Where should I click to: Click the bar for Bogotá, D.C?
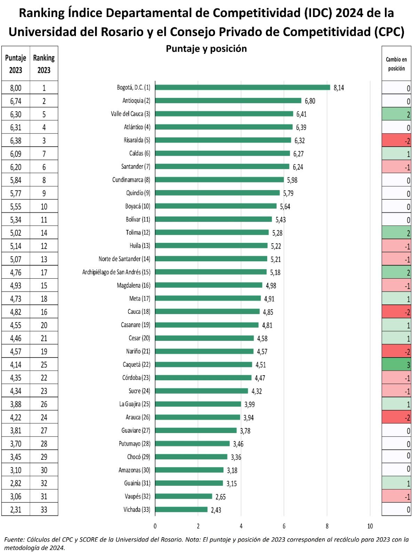pyautogui.click(x=242, y=87)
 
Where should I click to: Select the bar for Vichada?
pyautogui.click(x=181, y=509)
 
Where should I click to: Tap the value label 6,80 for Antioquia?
pyautogui.click(x=310, y=101)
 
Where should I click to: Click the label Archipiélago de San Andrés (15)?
pyautogui.click(x=116, y=272)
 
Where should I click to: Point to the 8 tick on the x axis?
pyautogui.click(x=327, y=526)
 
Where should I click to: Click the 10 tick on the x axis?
pyautogui.click(x=370, y=526)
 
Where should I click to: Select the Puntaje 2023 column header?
pyautogui.click(x=16, y=64)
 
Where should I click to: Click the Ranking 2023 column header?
pyautogui.click(x=44, y=64)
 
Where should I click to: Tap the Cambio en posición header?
pyautogui.click(x=396, y=64)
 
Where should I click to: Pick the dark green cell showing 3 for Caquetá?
pyautogui.click(x=396, y=365)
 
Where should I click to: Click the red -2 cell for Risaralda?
pyautogui.click(x=396, y=140)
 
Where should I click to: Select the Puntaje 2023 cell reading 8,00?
pyautogui.click(x=16, y=88)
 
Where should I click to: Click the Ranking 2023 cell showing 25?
pyautogui.click(x=44, y=365)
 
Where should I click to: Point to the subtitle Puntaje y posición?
pyautogui.click(x=206, y=49)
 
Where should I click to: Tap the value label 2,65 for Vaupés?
pyautogui.click(x=220, y=497)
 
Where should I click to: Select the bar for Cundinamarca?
pyautogui.click(x=219, y=180)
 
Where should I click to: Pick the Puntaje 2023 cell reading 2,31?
pyautogui.click(x=16, y=510)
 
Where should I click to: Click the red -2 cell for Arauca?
pyautogui.click(x=396, y=417)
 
